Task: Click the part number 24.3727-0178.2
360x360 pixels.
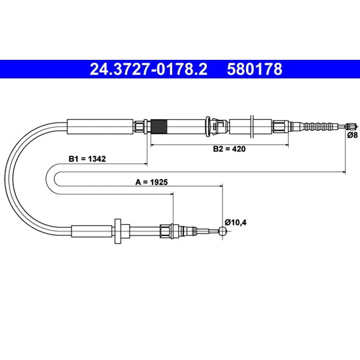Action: (x=148, y=69)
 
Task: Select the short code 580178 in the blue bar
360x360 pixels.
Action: (x=255, y=69)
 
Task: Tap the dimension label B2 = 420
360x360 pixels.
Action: (x=229, y=149)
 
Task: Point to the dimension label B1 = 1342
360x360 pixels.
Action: (x=87, y=159)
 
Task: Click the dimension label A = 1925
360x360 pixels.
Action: (x=152, y=182)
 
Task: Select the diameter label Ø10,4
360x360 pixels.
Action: (x=235, y=222)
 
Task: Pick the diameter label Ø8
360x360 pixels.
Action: (x=352, y=135)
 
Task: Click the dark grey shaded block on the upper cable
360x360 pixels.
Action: (x=159, y=127)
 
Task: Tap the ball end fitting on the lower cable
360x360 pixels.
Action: (x=222, y=231)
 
